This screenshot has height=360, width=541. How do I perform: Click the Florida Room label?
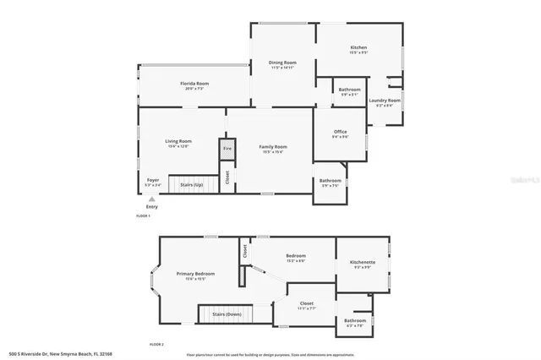[194, 84]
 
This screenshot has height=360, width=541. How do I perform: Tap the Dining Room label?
[282, 63]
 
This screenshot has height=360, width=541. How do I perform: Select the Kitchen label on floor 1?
[359, 48]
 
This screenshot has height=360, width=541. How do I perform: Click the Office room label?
[340, 132]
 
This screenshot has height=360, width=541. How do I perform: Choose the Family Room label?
[272, 148]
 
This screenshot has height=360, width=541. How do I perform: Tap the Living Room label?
[178, 141]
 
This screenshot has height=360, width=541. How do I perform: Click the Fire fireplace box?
[227, 150]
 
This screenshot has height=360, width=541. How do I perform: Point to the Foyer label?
[153, 180]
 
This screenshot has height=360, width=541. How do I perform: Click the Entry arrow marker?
[152, 199]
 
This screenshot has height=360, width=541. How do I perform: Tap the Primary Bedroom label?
[195, 275]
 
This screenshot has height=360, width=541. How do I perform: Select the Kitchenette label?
[363, 263]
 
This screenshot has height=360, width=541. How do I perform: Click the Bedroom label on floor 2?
[296, 256]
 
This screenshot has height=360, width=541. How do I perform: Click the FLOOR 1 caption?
[143, 216]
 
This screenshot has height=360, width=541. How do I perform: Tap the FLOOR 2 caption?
[156, 345]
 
